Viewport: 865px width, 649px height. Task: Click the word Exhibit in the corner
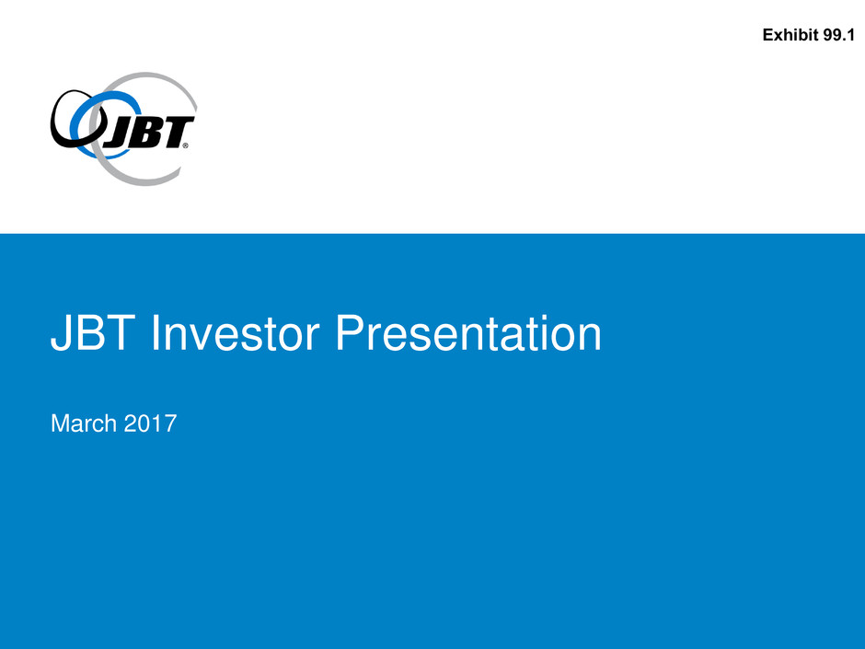coord(790,35)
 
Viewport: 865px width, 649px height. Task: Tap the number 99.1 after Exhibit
coord(838,35)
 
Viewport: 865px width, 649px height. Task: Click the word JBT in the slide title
coord(93,333)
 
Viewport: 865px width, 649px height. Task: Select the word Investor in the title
coord(235,333)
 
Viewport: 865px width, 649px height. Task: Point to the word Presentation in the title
coord(467,333)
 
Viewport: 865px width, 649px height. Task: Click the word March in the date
coord(84,423)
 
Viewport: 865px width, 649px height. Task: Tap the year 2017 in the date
coord(150,423)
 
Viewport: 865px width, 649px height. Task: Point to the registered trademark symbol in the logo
coord(185,145)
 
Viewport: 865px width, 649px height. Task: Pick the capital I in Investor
coord(155,332)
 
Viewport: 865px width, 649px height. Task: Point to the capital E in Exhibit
coord(768,35)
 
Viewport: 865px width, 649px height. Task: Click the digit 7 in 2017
coord(170,423)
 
